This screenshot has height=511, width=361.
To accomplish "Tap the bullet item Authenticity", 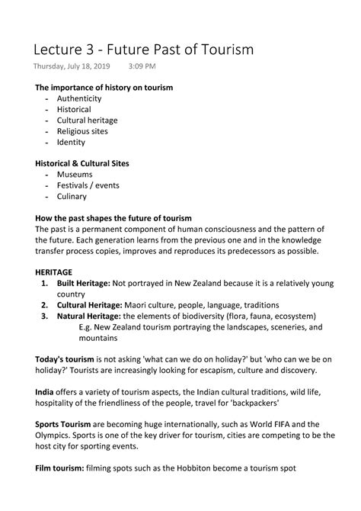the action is point(81,98).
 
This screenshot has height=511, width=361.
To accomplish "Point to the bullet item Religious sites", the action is point(82,131).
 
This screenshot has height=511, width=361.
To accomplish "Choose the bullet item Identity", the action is point(71,142).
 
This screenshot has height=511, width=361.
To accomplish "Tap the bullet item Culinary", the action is point(74,196).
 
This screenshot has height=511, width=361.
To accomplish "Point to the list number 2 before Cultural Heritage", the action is point(46,304).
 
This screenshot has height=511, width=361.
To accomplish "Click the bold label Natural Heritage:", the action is point(94,315).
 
